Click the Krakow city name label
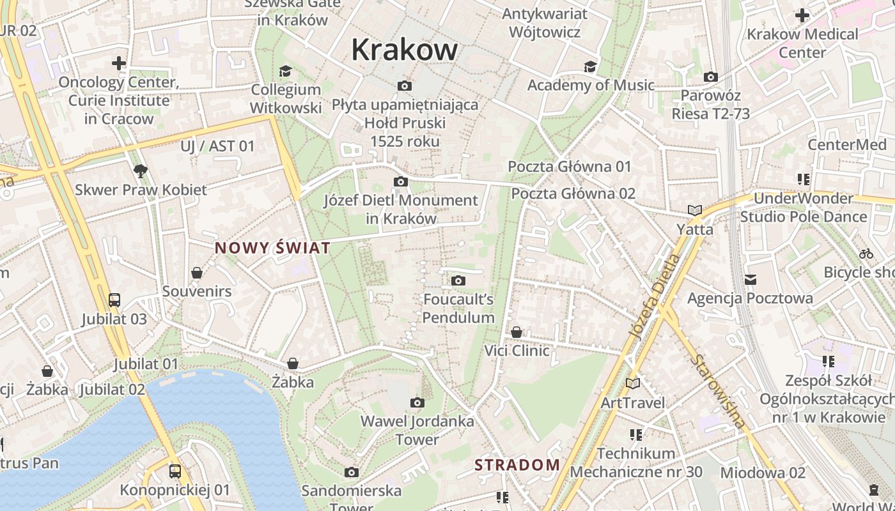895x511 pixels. [405, 50]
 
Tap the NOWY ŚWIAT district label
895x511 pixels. [272, 248]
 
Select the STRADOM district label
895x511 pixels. [517, 464]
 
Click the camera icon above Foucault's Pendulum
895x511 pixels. [458, 280]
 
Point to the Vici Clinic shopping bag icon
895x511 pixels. [517, 332]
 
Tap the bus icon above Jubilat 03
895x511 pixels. [114, 300]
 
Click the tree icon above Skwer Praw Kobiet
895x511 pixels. [141, 171]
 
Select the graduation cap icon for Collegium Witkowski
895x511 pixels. [285, 71]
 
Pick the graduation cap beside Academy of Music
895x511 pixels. [590, 66]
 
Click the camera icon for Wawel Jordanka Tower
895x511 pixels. [417, 402]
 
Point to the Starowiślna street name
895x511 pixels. [719, 391]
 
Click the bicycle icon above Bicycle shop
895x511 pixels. [866, 254]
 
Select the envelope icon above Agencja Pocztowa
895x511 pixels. [751, 279]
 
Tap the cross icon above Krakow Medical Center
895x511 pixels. [802, 15]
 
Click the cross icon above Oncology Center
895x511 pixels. [118, 63]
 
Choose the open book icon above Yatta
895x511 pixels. [695, 210]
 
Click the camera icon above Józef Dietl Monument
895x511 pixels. [401, 182]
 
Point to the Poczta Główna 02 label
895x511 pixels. [573, 194]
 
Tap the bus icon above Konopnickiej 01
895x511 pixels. [175, 471]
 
